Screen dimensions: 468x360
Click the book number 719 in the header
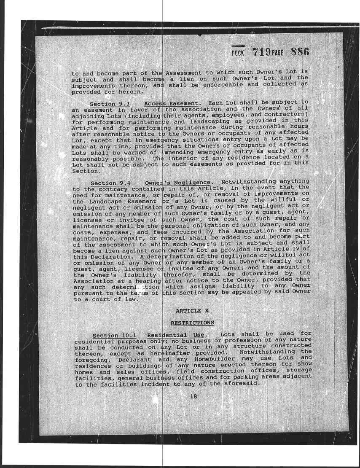pos(262,52)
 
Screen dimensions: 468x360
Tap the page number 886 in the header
pos(300,52)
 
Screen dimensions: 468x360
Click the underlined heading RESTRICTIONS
pos(192,323)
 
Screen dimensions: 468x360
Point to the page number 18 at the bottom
pos(193,396)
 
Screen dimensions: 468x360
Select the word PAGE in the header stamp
pos(277,54)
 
